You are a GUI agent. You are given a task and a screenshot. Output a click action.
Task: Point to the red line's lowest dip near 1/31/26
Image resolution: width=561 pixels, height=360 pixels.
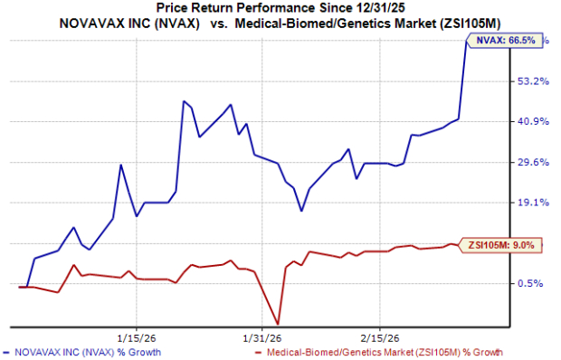tap(277, 324)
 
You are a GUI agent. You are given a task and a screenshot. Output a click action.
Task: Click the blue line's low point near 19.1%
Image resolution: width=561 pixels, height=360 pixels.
tap(301, 212)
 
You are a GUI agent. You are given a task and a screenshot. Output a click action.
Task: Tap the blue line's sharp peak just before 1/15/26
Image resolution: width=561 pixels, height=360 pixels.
tap(121, 165)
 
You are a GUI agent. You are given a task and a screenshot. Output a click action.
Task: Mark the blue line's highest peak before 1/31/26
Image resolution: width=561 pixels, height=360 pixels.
tap(184, 101)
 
